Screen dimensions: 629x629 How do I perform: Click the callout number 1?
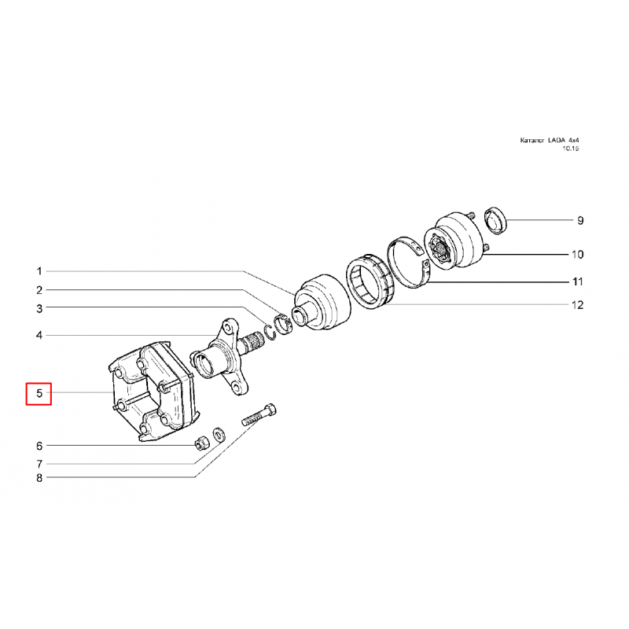coord(39,271)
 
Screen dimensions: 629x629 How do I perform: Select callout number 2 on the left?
coord(39,290)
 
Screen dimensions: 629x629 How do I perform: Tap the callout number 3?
coord(39,308)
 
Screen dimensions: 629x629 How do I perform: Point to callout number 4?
coord(39,335)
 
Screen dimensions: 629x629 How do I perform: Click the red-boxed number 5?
coord(39,393)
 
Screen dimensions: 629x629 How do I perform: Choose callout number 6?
coord(39,446)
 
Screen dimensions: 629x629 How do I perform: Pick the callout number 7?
coord(39,464)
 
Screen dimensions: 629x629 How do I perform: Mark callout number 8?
coord(39,478)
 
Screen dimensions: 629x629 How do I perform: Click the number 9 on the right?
coord(580,220)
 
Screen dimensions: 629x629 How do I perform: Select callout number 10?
coord(577,254)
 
